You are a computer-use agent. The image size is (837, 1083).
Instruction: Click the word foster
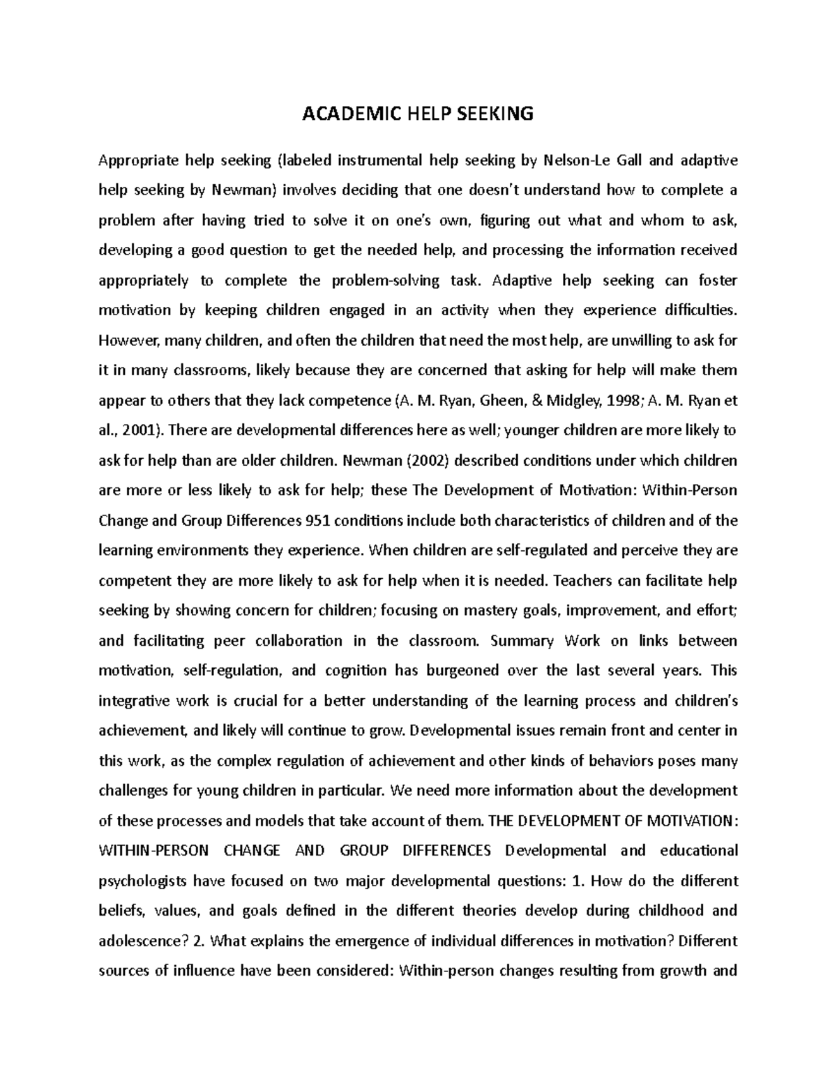point(713,280)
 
